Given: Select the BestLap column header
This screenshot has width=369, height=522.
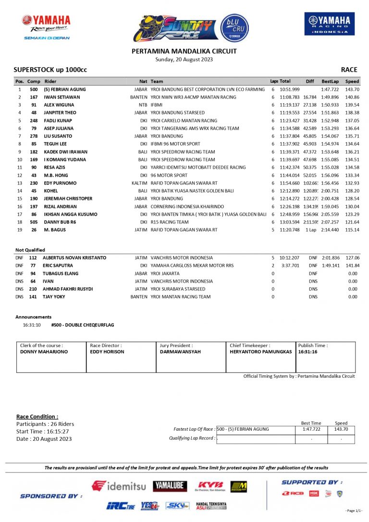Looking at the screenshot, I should click(x=330, y=81).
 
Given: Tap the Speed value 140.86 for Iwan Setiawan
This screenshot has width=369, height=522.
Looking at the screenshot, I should click(x=352, y=97).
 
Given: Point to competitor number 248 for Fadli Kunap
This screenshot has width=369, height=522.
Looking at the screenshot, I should click(x=34, y=121).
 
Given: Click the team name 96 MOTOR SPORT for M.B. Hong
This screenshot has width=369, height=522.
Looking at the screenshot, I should click(x=169, y=175).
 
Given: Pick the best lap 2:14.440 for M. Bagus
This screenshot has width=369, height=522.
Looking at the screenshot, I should click(x=330, y=230).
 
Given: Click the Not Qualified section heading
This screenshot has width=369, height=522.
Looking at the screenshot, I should click(x=30, y=250).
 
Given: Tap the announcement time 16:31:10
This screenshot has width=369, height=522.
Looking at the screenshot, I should click(x=32, y=325).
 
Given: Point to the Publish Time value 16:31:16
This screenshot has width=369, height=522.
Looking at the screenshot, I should click(x=307, y=352).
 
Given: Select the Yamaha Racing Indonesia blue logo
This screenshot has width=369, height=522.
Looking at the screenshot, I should click(x=330, y=24).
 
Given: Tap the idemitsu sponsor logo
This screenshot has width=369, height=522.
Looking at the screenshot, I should click(x=119, y=486).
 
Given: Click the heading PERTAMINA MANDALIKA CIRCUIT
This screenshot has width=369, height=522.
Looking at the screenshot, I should click(x=184, y=51).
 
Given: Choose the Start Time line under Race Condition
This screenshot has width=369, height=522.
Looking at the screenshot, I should click(x=42, y=431).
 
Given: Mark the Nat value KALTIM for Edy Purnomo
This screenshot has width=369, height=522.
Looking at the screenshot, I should click(x=139, y=183).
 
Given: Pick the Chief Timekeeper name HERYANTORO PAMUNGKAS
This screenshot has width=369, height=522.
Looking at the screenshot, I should click(x=261, y=352).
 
